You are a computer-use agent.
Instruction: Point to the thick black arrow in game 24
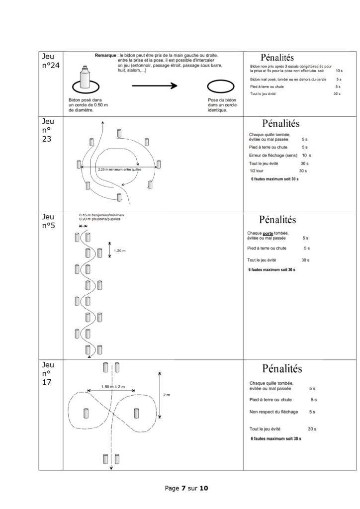click(x=155, y=85)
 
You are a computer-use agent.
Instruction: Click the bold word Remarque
click(x=105, y=56)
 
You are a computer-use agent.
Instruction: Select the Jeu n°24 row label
click(x=51, y=61)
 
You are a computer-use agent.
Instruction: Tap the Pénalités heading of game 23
click(x=281, y=123)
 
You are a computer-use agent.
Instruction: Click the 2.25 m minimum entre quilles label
click(x=119, y=170)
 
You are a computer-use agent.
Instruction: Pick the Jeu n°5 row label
click(x=48, y=221)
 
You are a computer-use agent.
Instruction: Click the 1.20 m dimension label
click(x=119, y=251)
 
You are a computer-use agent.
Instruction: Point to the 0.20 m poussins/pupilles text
click(x=99, y=219)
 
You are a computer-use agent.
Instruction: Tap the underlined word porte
click(x=268, y=233)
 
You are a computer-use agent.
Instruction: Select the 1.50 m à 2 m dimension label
click(x=113, y=387)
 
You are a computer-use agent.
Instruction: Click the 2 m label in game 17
click(x=166, y=395)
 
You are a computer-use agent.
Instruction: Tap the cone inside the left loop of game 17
click(x=86, y=413)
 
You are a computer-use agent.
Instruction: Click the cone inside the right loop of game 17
click(x=136, y=413)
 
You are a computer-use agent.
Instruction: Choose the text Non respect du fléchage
click(x=273, y=412)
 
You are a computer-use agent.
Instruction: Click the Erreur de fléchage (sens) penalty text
click(x=273, y=155)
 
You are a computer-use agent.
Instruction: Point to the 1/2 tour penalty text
click(x=257, y=171)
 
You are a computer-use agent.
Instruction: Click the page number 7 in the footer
click(x=184, y=488)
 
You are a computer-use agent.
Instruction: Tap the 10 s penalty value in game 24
click(x=339, y=71)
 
